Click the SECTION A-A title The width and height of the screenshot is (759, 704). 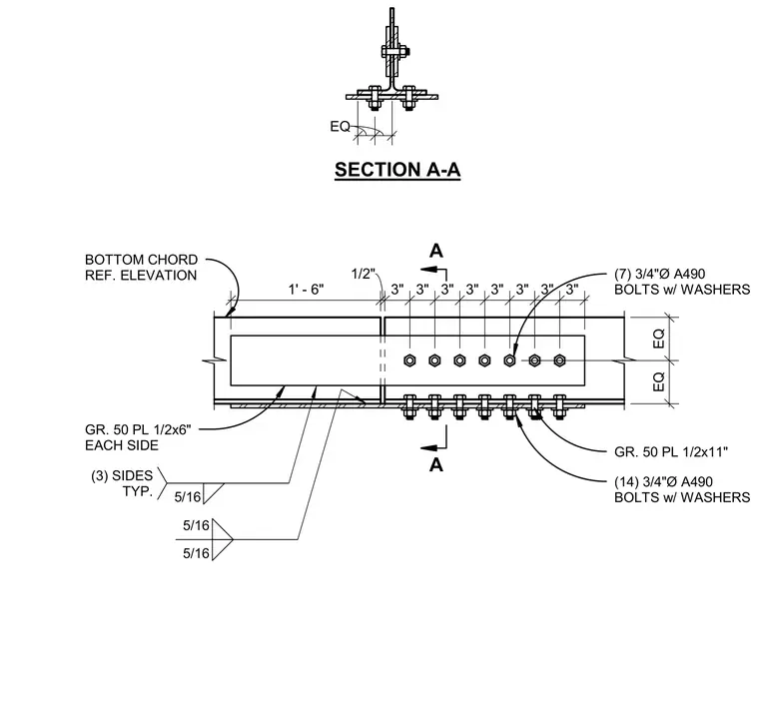[x=397, y=170]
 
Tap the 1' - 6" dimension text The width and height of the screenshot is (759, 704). [x=306, y=290]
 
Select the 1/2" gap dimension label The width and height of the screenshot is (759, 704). [x=364, y=274]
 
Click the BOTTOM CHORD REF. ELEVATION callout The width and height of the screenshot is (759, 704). [x=142, y=267]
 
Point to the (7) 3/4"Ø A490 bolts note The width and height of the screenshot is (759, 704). [x=682, y=282]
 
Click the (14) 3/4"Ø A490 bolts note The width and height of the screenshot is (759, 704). [x=682, y=489]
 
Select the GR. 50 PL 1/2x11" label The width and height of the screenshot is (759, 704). [x=671, y=452]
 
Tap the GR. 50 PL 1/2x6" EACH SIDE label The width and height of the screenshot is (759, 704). [x=138, y=437]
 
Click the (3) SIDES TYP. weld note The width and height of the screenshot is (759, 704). [x=122, y=483]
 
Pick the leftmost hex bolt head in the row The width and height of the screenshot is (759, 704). [x=409, y=360]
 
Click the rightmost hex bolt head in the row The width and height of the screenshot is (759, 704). [x=559, y=360]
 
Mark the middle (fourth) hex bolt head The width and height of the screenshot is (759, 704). [x=484, y=360]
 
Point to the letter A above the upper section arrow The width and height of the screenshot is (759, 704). [x=436, y=251]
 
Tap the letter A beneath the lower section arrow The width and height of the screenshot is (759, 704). [x=436, y=465]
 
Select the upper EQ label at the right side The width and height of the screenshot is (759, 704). [x=659, y=339]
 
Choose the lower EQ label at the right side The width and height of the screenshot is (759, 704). [x=659, y=381]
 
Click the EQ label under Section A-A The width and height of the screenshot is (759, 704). [x=340, y=126]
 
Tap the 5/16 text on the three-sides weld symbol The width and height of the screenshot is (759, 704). [x=188, y=497]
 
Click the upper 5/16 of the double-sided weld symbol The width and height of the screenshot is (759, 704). [x=196, y=525]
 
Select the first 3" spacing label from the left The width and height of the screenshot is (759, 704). [x=397, y=290]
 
